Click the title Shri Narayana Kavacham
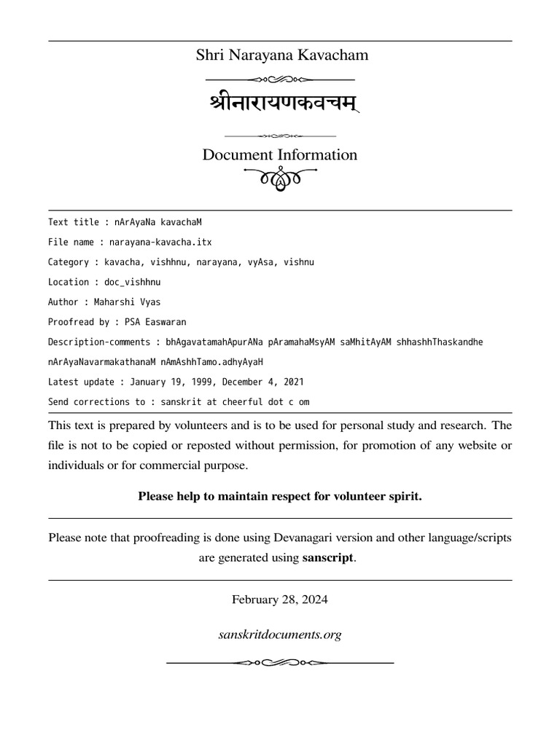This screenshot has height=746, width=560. pyautogui.click(x=281, y=55)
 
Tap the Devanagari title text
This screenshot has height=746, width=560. pyautogui.click(x=281, y=103)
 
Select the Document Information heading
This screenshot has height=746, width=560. pyautogui.click(x=280, y=154)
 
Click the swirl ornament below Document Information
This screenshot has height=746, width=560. pyautogui.click(x=280, y=178)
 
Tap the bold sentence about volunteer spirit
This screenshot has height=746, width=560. pyautogui.click(x=280, y=496)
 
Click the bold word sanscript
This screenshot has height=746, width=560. pyautogui.click(x=328, y=558)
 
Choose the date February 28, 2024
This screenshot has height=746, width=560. pyautogui.click(x=280, y=600)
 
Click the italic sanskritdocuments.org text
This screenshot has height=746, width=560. pyautogui.click(x=280, y=635)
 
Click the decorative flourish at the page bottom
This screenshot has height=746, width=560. pyautogui.click(x=280, y=662)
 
